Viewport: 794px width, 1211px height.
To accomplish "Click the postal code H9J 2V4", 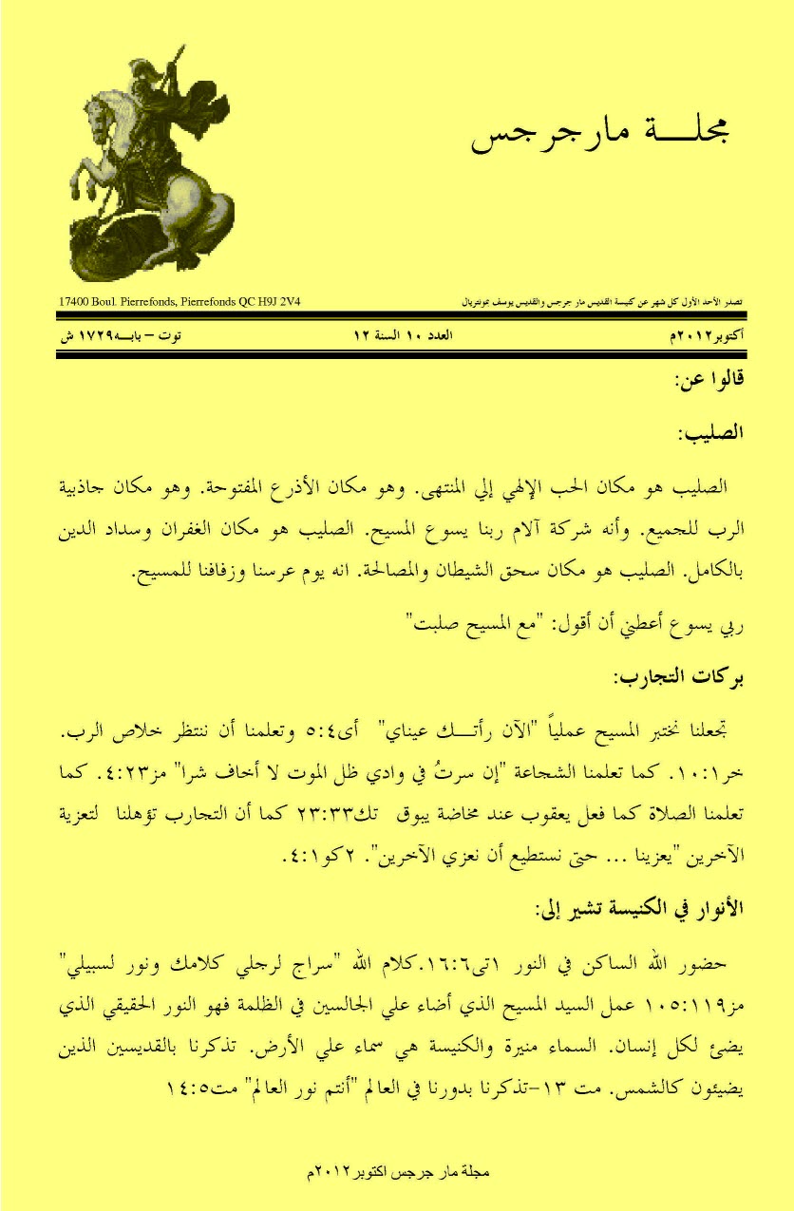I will coord(291,302).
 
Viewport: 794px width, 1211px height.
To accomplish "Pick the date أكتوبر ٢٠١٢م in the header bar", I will coord(707,335).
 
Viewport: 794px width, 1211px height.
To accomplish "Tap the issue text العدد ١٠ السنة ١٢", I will coord(396,335).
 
